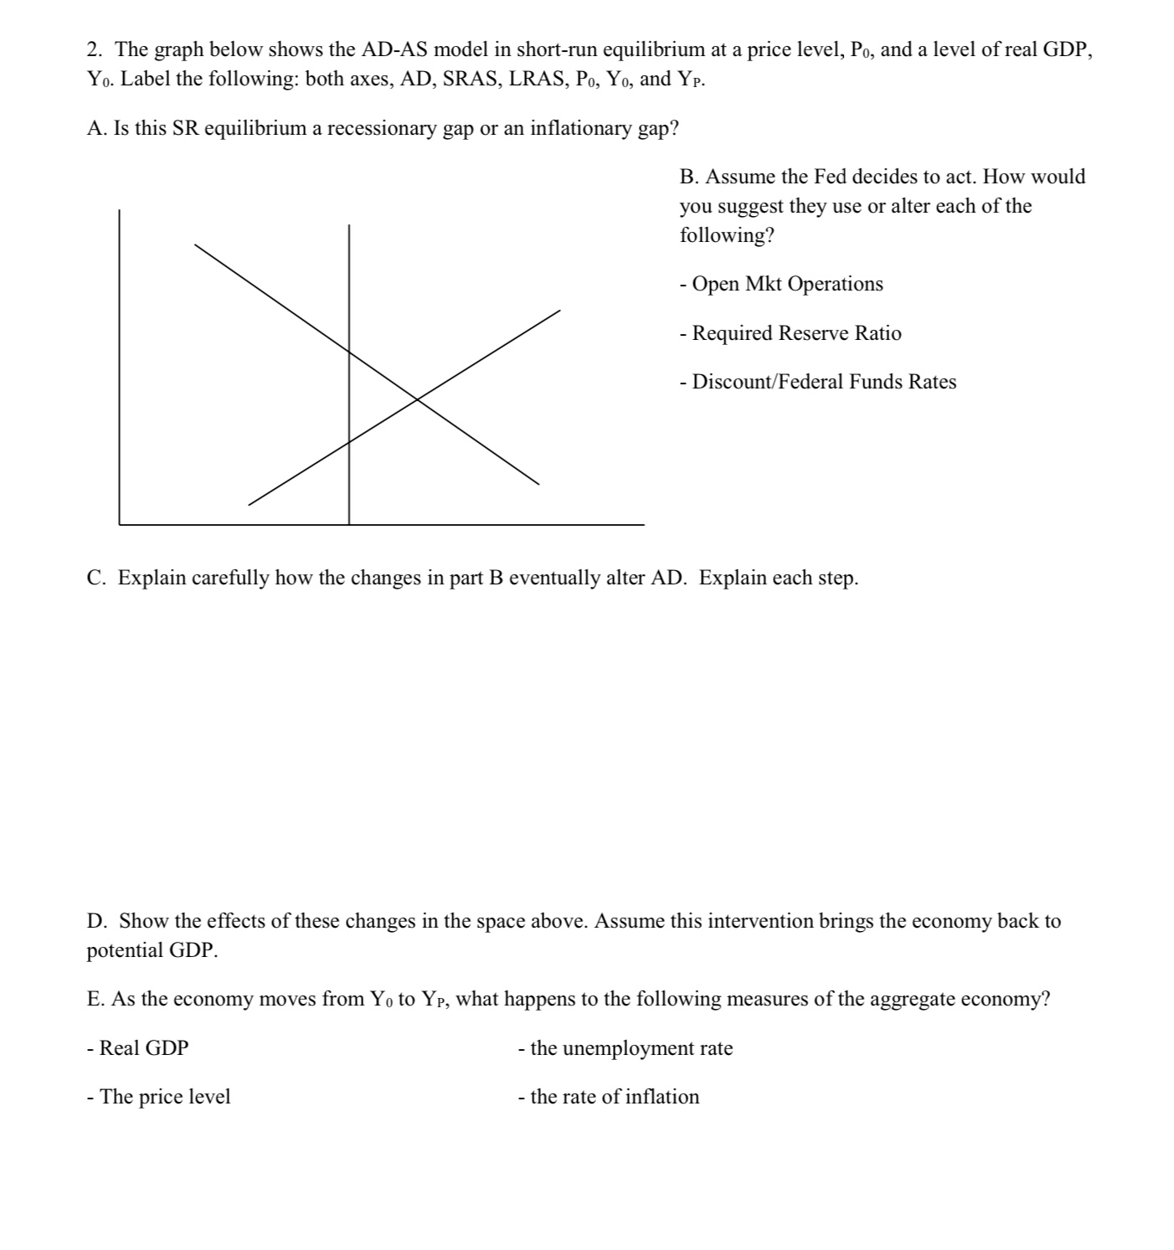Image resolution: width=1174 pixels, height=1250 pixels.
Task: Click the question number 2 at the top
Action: click(x=94, y=50)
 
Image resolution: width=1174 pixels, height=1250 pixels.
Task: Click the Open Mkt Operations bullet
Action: click(x=781, y=284)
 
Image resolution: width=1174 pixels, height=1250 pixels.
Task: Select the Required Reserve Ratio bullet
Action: click(x=790, y=333)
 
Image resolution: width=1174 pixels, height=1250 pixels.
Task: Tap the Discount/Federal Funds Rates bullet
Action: click(x=818, y=382)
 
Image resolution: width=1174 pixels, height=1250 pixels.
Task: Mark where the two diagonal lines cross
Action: click(x=417, y=399)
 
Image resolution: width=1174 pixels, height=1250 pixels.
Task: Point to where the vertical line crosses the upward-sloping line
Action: click(x=349, y=442)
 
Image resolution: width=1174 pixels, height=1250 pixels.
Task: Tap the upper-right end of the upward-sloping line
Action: click(x=559, y=311)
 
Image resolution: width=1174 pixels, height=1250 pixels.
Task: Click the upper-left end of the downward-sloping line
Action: click(x=196, y=245)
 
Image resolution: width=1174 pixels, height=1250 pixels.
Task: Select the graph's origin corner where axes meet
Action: click(x=120, y=524)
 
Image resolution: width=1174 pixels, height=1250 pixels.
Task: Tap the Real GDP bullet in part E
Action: click(x=138, y=1048)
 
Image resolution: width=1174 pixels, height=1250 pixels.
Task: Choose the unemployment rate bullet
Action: click(x=626, y=1048)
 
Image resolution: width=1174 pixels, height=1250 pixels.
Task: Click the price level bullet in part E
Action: click(x=159, y=1097)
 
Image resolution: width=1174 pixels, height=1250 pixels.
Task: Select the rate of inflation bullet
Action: click(x=609, y=1097)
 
